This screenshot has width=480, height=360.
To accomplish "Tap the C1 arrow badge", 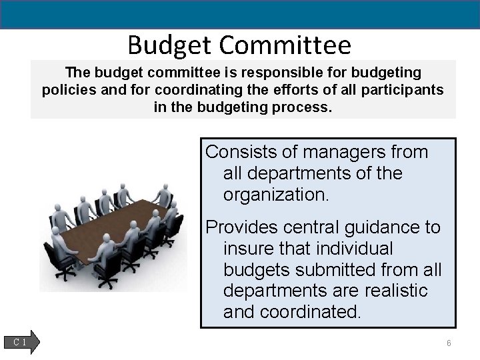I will tap(25, 342).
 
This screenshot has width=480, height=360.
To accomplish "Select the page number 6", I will tap(449, 343).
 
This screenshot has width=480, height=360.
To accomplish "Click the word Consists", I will tap(237, 152).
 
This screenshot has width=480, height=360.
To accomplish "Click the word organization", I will tap(277, 195).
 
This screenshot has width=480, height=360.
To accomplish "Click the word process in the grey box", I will tap(302, 107).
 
